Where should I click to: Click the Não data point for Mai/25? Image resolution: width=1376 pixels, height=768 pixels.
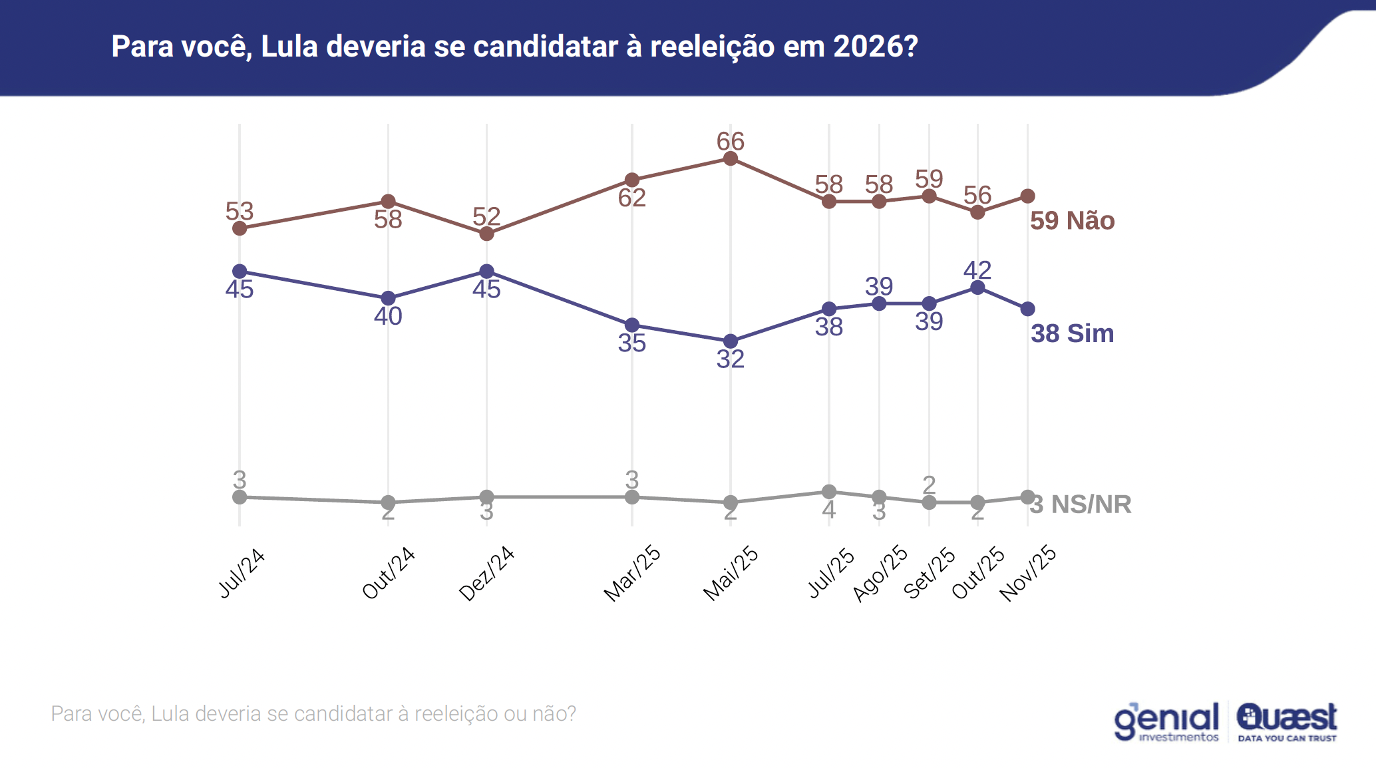pyautogui.click(x=730, y=158)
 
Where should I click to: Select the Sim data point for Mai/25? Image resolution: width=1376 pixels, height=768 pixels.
pyautogui.click(x=730, y=341)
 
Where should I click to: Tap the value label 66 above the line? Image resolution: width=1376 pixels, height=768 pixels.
pyautogui.click(x=730, y=141)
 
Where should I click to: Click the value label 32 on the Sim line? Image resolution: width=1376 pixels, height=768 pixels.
pyautogui.click(x=730, y=359)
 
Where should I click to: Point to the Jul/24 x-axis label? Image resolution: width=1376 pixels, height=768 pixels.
pyautogui.click(x=242, y=573)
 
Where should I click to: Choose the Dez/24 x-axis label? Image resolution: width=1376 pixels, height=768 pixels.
pyautogui.click(x=487, y=573)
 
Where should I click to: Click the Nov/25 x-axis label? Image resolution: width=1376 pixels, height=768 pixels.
pyautogui.click(x=1028, y=573)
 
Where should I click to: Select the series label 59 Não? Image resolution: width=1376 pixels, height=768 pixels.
pyautogui.click(x=1072, y=221)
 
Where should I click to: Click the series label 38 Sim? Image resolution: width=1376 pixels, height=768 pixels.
pyautogui.click(x=1072, y=333)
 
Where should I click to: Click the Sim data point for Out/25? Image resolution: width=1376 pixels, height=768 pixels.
pyautogui.click(x=977, y=288)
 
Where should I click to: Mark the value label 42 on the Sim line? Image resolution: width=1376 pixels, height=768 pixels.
pyautogui.click(x=977, y=270)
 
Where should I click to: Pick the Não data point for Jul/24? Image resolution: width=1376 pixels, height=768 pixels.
pyautogui.click(x=240, y=228)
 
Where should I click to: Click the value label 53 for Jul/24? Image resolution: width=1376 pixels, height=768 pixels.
pyautogui.click(x=240, y=211)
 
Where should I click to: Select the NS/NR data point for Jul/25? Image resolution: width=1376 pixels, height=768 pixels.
pyautogui.click(x=829, y=492)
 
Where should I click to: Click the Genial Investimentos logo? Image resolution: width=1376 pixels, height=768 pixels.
pyautogui.click(x=1166, y=721)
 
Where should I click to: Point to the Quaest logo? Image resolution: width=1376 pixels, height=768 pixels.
pyautogui.click(x=1287, y=721)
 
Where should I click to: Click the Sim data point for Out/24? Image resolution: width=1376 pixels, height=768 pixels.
pyautogui.click(x=388, y=298)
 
